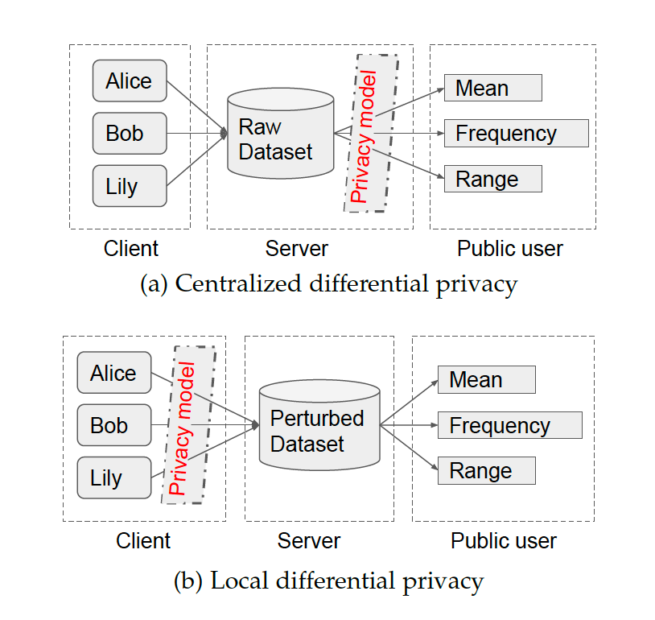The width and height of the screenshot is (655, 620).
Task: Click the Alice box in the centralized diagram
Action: click(130, 81)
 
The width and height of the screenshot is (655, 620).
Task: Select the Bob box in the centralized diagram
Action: click(130, 134)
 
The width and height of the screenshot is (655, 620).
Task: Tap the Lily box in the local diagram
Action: click(114, 477)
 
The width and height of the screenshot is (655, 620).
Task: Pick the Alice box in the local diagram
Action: click(114, 373)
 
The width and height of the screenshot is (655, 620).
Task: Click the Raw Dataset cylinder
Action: click(280, 134)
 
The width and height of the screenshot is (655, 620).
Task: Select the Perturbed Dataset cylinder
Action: click(319, 425)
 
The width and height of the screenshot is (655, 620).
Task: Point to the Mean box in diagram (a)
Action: click(493, 88)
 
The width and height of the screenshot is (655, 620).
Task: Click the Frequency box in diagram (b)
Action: click(509, 425)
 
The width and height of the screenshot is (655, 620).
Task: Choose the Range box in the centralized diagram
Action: click(493, 179)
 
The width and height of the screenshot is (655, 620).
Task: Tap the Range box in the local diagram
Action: click(487, 471)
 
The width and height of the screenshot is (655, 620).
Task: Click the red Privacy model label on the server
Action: click(363, 137)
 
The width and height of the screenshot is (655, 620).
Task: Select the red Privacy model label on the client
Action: click(182, 428)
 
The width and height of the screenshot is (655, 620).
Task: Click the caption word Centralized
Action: click(238, 284)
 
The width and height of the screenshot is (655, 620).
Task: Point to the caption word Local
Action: click(239, 581)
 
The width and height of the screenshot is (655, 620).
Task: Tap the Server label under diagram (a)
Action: click(297, 249)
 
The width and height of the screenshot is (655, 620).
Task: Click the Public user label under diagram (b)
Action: click(504, 541)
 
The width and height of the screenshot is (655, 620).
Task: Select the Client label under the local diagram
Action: click(143, 541)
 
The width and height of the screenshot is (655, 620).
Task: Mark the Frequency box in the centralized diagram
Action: click(517, 134)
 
